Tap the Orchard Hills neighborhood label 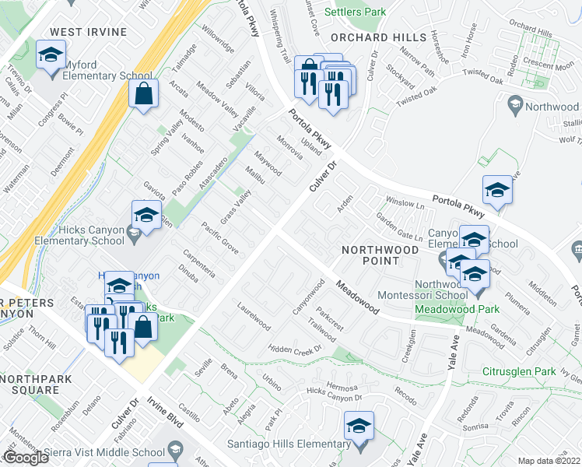click(x=378, y=37)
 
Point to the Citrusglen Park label click(x=516, y=372)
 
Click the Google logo click(x=25, y=458)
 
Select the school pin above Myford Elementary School click(x=51, y=57)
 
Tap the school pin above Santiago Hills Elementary click(x=359, y=427)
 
